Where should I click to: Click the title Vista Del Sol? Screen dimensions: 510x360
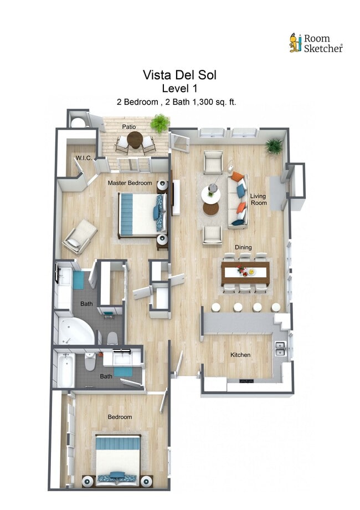(179, 75)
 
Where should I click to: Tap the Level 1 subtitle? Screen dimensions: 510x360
(179, 88)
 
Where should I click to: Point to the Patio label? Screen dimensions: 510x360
(129, 127)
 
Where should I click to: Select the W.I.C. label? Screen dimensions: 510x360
(84, 158)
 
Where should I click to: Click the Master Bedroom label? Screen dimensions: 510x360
(130, 183)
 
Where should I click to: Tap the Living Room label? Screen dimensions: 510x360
(258, 200)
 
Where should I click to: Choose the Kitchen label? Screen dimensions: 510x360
(240, 355)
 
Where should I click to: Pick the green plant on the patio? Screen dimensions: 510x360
(160, 123)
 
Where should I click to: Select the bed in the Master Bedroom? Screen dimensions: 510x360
(141, 214)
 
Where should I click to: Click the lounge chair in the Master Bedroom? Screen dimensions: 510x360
(80, 235)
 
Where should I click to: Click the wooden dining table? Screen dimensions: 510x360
(245, 273)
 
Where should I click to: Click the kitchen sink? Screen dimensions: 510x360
(280, 349)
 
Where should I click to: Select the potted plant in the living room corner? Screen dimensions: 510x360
(273, 146)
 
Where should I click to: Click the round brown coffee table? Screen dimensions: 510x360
(210, 209)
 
